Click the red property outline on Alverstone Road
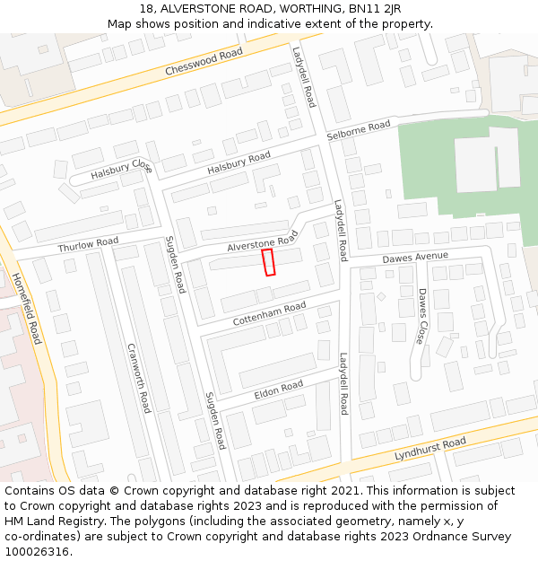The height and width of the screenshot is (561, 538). coord(268,262)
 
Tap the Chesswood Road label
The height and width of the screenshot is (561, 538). coord(204,63)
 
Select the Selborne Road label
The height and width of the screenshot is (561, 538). coord(359,129)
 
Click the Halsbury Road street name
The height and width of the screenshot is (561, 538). coord(239,163)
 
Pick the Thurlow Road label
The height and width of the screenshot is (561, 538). coord(88,244)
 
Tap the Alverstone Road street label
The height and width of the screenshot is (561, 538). coord(262,241)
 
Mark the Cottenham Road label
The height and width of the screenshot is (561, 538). coord(269,313)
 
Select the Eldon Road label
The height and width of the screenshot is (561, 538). coord(279,389)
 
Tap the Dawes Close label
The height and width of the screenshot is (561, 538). coord(421,316)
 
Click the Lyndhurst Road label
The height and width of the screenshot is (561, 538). coord(430,450)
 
